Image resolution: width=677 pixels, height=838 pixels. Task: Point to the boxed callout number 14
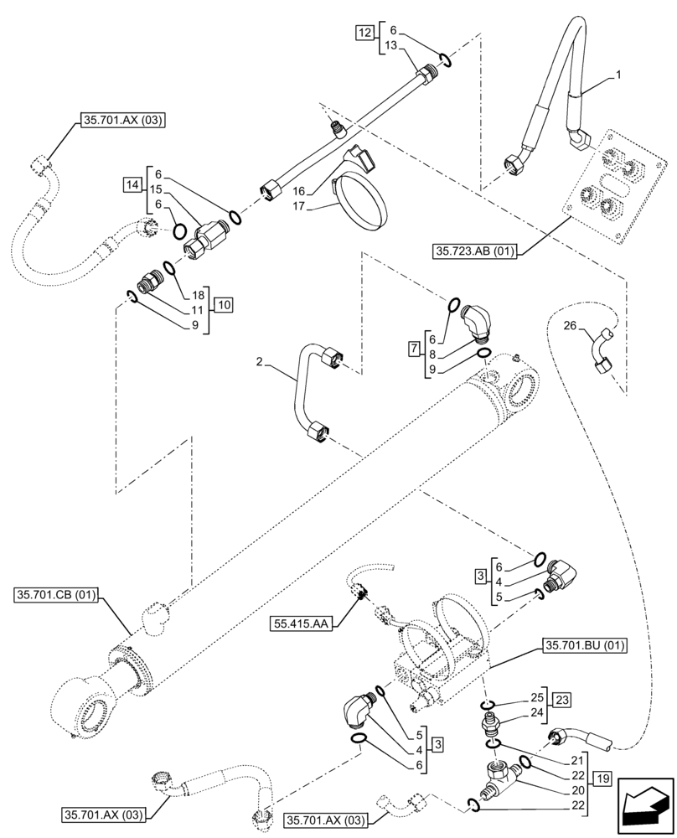pos(132,183)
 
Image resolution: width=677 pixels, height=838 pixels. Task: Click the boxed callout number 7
pos(415,347)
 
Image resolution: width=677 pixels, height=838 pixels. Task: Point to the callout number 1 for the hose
pos(618,75)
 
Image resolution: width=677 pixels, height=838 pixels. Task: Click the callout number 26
pos(570,327)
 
